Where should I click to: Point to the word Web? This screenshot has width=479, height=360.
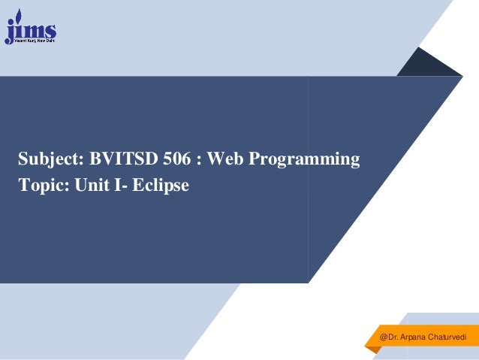(223, 159)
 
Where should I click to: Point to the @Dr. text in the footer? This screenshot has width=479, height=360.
(389, 338)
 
